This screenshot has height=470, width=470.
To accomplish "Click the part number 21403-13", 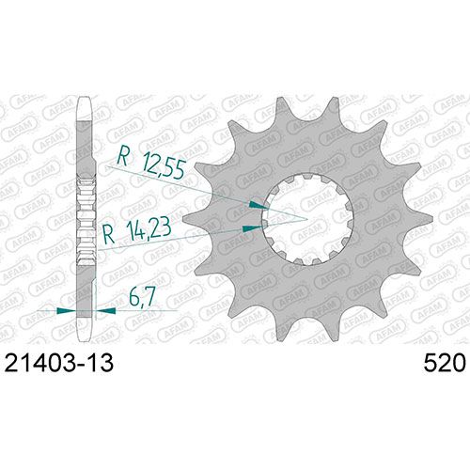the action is point(59,363).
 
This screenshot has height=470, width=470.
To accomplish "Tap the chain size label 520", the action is point(445,363).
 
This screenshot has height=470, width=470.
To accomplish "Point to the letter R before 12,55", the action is point(122,157).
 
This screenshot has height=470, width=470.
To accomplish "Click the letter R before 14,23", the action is point(109,235).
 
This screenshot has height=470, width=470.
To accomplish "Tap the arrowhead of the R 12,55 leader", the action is point(258,205).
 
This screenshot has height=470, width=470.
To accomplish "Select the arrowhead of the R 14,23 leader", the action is point(253,228).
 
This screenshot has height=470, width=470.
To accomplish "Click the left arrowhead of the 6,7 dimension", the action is point(66,310).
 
